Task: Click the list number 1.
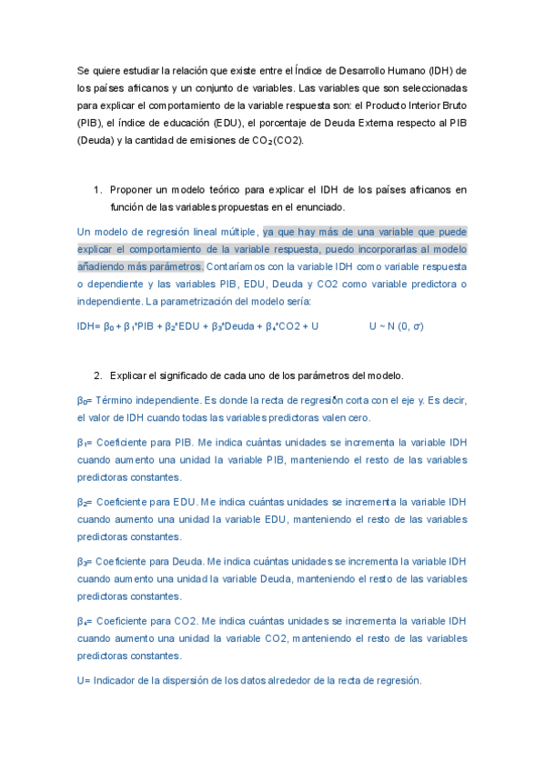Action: coord(97,189)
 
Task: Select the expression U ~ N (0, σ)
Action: coord(396,325)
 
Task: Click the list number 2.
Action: coord(97,375)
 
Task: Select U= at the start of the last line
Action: coord(84,680)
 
